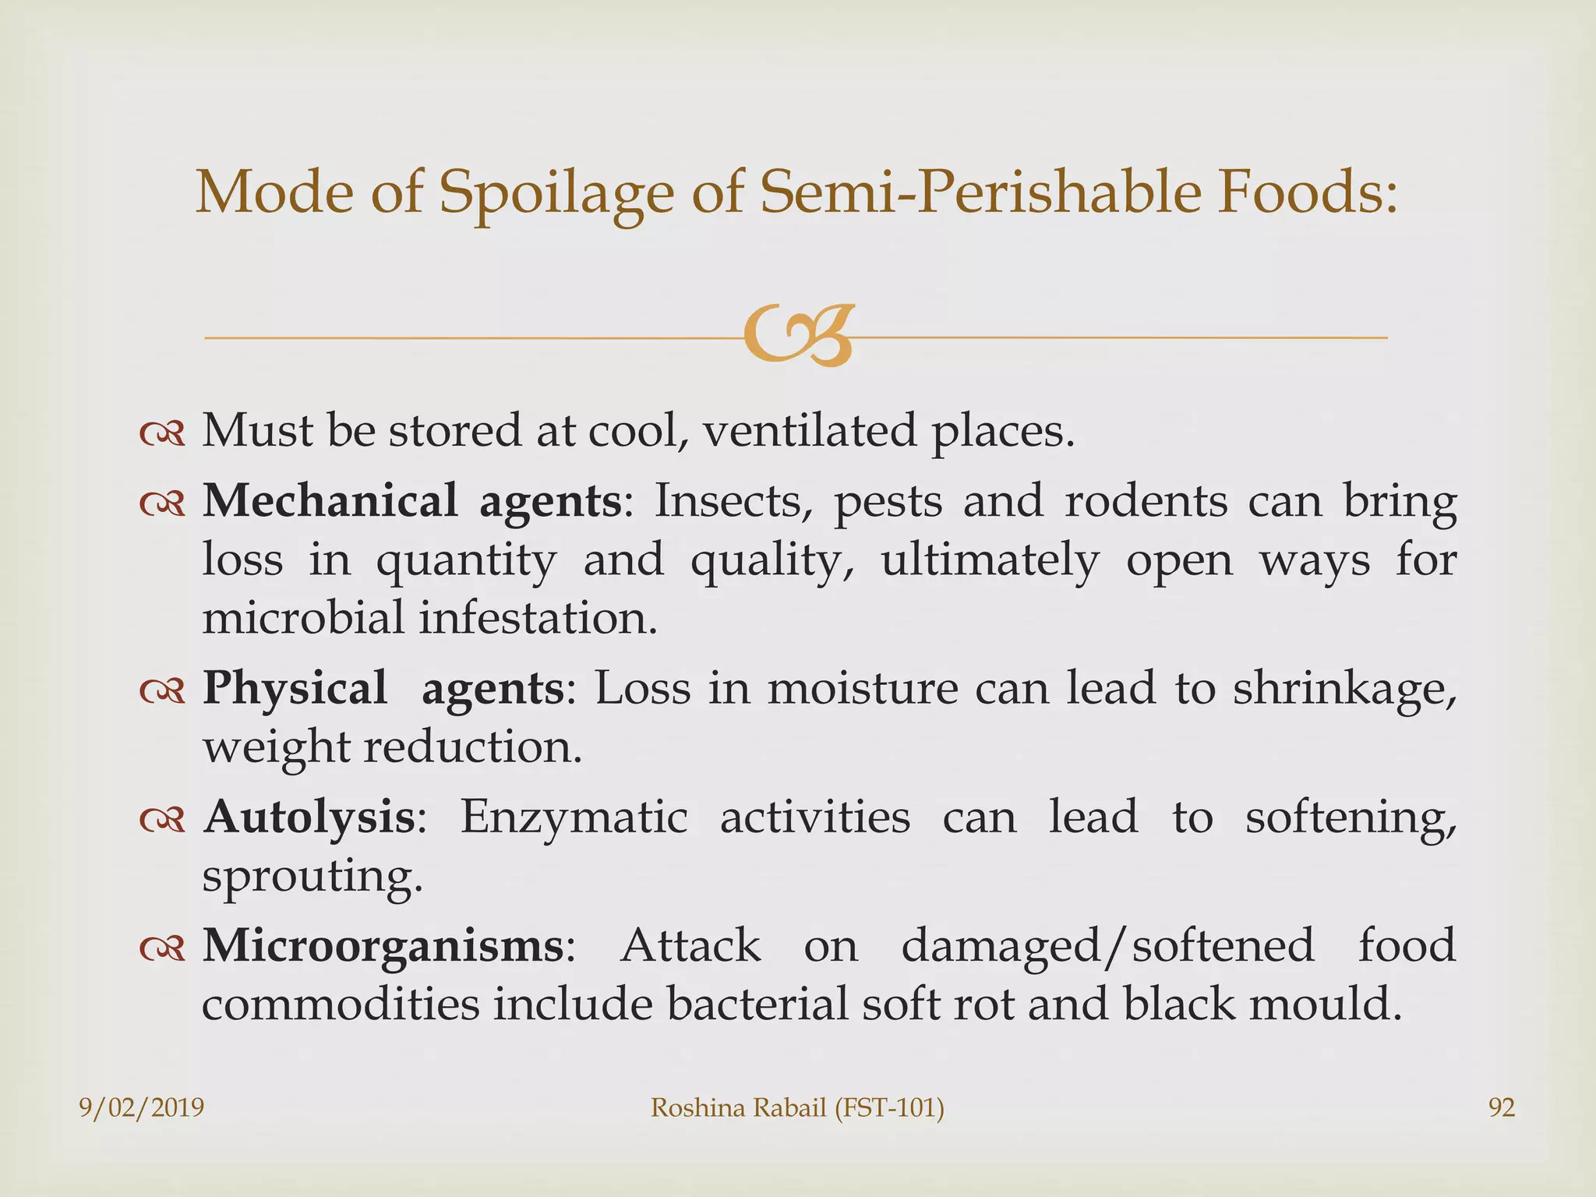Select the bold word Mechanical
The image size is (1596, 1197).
[330, 500]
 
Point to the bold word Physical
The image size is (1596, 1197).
[295, 688]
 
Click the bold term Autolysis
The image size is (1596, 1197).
[309, 817]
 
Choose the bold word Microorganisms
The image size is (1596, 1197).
[383, 945]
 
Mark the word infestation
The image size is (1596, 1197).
[538, 618]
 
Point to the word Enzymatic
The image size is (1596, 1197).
[574, 817]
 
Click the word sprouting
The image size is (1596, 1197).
[312, 877]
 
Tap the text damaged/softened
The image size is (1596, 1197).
[1107, 945]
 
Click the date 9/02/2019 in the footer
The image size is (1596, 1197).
[142, 1107]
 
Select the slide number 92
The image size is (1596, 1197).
[1502, 1107]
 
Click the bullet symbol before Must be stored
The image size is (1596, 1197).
[162, 433]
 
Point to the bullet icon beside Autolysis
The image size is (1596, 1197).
[162, 820]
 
